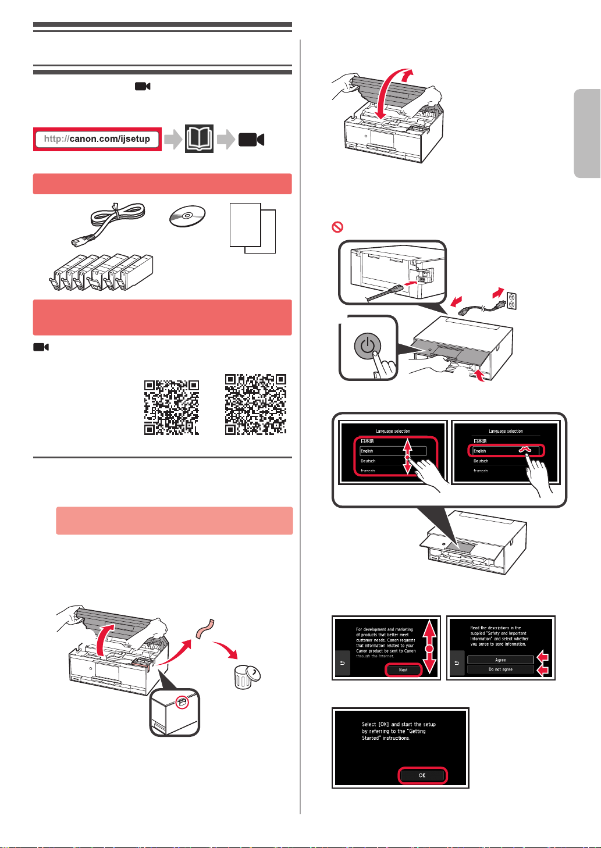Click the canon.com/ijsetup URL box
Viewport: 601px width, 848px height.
coord(97,139)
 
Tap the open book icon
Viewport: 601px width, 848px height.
coord(199,139)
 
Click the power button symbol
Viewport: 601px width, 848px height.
coord(366,347)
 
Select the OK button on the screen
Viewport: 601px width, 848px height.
coord(422,775)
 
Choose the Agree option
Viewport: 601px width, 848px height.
coord(500,660)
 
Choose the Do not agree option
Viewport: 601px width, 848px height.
coord(500,669)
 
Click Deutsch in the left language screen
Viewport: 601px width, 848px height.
coord(368,461)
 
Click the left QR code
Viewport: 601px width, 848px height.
coord(172,408)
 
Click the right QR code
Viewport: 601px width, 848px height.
coord(255,404)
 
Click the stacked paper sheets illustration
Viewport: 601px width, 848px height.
coord(253,227)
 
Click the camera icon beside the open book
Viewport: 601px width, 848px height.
coord(251,140)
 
